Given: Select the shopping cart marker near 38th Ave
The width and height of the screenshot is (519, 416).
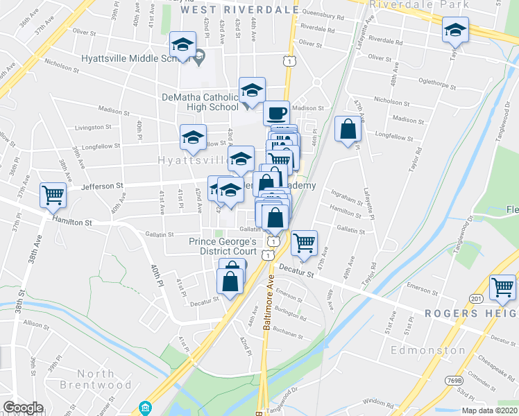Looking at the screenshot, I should [53, 196].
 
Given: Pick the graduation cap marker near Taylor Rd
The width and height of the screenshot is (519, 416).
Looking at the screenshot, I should [455, 31].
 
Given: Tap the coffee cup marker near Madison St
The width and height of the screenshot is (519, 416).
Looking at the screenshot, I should [276, 112].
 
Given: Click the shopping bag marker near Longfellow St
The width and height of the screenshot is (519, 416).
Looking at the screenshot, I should [348, 129].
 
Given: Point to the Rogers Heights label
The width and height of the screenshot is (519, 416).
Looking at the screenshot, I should [470, 313].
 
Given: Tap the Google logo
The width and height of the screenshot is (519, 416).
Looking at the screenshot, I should [23, 408].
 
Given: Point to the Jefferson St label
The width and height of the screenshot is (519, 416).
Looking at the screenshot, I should [102, 186].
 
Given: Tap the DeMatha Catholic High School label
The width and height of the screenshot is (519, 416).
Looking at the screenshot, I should [200, 101].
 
